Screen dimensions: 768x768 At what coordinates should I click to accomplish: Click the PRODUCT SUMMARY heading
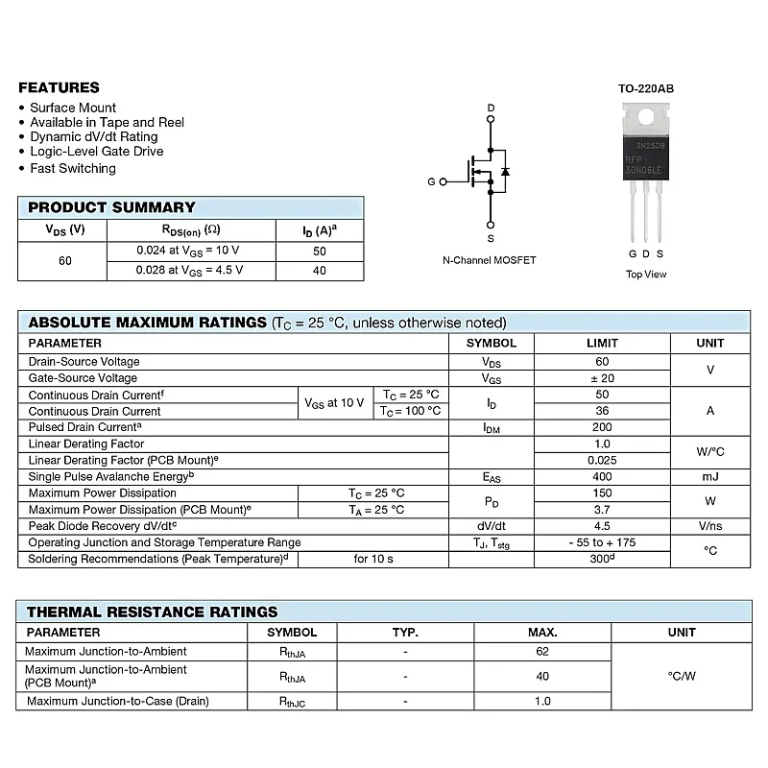pos(111,207)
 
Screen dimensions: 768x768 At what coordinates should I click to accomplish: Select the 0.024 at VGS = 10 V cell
pos(187,251)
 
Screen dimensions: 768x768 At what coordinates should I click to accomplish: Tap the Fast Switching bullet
pos(73,168)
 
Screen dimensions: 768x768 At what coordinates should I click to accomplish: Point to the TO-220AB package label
pos(645,88)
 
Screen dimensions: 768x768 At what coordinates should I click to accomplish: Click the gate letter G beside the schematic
pos(431,181)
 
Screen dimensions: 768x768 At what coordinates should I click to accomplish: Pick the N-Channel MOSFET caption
pos(489,260)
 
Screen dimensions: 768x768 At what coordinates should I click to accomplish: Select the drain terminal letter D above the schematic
pos(491,108)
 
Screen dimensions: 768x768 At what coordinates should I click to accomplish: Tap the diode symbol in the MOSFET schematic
pos(505,172)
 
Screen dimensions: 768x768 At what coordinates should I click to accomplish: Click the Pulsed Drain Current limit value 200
pos(602,427)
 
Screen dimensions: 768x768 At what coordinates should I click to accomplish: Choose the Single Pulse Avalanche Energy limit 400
pos(602,476)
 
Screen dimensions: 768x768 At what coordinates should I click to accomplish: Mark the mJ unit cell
pos(710,476)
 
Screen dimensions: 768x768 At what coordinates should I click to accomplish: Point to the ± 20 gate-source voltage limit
pos(602,378)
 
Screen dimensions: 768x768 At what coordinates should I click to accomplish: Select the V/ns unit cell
pos(710,526)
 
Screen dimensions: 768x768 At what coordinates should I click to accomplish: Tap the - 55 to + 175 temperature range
pos(602,542)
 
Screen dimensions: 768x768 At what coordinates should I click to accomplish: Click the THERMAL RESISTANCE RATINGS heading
pos(152,612)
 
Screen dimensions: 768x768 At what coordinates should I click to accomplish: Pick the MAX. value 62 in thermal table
pos(542,652)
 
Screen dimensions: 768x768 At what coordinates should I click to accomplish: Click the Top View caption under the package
pos(646,275)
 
